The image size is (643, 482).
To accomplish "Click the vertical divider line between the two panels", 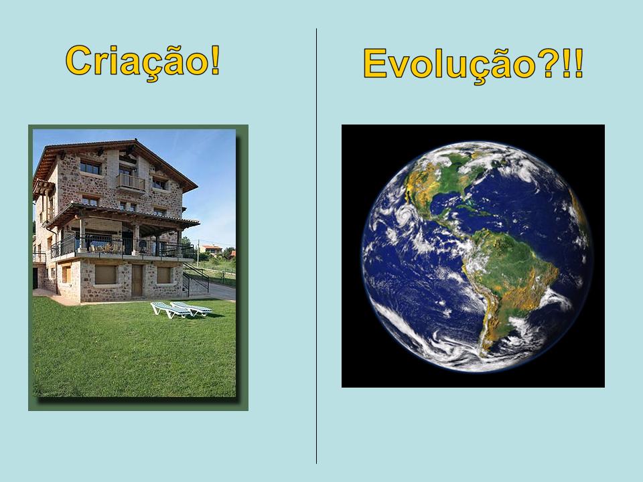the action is (316, 246).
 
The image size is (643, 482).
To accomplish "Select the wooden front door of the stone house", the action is (137, 280).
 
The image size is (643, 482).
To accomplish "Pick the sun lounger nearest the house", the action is (191, 308).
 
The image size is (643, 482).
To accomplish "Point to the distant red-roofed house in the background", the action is (211, 249).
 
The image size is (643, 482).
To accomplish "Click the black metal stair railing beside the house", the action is (196, 276).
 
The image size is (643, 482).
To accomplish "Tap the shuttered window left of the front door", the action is (106, 274).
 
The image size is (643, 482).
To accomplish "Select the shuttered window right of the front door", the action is (163, 275).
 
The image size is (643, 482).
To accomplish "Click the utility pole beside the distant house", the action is (198, 252).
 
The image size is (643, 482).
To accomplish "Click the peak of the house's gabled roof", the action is (135, 140).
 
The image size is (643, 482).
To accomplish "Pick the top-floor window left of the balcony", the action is (90, 167).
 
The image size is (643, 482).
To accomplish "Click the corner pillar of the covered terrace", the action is (180, 242).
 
